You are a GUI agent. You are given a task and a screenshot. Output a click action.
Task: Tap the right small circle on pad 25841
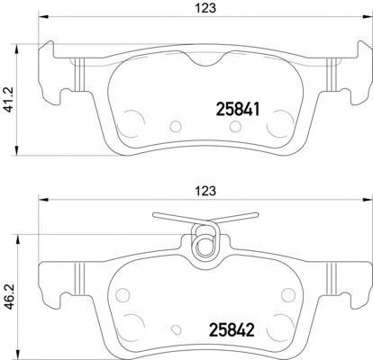click(285, 120)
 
